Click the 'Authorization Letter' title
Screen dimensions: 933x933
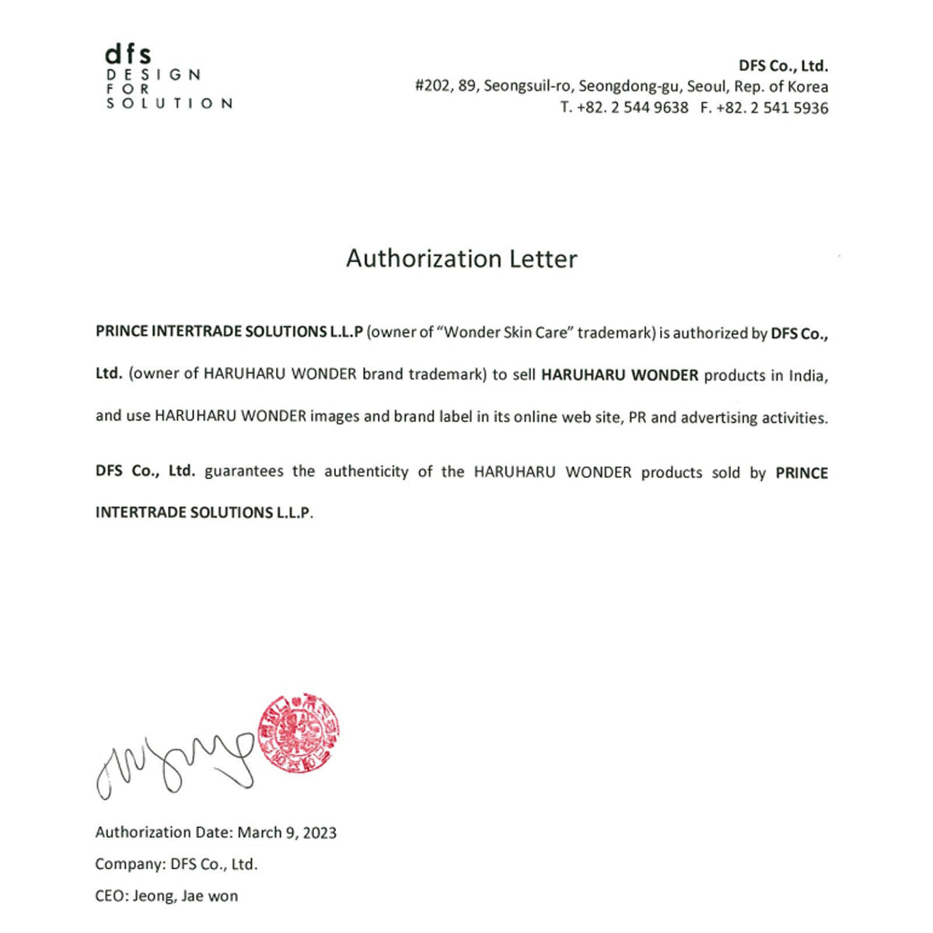click(462, 259)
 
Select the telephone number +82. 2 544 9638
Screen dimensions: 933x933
click(632, 108)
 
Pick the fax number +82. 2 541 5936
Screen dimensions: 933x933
click(772, 108)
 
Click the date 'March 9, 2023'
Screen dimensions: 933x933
click(287, 833)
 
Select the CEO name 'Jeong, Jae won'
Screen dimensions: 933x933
click(185, 896)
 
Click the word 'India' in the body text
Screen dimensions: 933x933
click(808, 376)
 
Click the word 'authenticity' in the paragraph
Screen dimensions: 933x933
click(366, 472)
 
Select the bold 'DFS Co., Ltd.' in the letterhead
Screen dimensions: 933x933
click(783, 66)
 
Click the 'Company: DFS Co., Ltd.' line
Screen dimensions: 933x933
click(176, 864)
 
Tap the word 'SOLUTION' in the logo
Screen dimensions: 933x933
click(169, 103)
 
